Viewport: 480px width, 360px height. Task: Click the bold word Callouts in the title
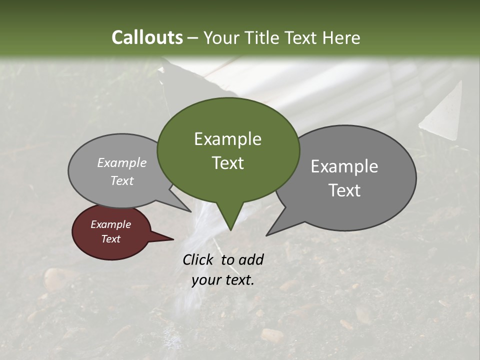click(147, 37)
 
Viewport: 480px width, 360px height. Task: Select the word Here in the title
click(341, 37)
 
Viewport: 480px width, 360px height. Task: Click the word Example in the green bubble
click(227, 139)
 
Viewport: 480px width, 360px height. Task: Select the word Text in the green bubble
click(227, 163)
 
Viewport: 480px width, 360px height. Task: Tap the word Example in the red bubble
click(110, 224)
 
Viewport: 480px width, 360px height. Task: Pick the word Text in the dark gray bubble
click(344, 190)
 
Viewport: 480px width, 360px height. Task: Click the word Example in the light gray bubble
click(122, 162)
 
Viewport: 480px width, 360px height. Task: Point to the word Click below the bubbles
click(198, 259)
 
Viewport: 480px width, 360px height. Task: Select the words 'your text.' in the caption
click(223, 280)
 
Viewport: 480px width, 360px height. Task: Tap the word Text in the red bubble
click(110, 239)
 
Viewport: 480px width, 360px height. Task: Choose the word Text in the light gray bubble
click(122, 180)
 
